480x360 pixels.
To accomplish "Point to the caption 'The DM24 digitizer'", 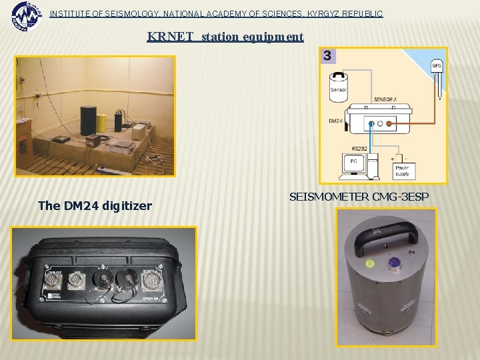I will pos(95,206).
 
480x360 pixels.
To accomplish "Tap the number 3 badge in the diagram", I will pos(327,56).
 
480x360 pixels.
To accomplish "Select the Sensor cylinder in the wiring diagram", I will pos(339,87).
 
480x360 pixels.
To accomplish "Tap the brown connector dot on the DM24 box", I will pos(391,123).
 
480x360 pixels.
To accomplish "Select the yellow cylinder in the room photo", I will pos(101,123).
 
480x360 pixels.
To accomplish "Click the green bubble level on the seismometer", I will pos(368,264).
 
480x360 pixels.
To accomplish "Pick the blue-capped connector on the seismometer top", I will pos(395,263).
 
